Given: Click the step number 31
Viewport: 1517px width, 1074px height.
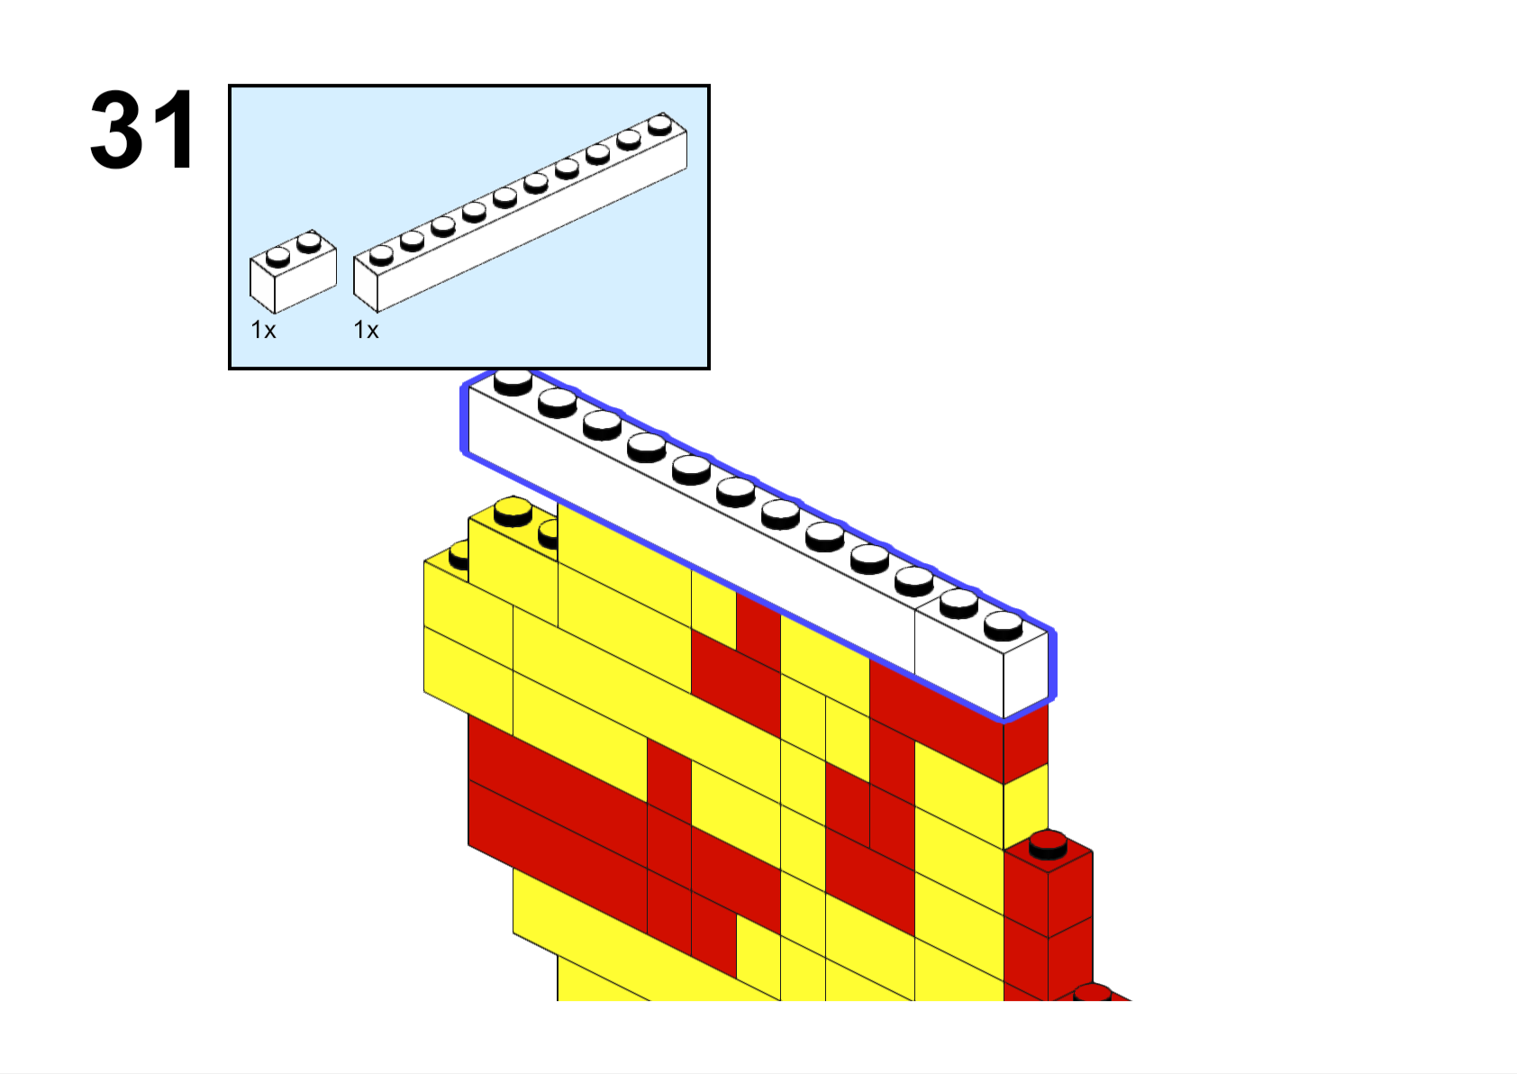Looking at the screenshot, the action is pos(142,130).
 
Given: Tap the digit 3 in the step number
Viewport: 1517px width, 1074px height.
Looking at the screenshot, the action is pos(116,130).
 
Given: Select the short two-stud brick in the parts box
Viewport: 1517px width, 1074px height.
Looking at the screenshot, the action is pos(293,271).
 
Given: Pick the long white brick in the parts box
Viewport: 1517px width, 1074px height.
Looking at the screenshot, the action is pos(520,212).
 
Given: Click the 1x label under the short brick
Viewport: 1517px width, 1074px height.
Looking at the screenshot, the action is pos(263,330).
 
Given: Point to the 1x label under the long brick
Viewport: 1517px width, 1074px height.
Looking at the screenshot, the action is pos(366,330).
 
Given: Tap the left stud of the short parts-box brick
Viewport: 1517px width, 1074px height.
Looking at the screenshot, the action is pos(277,257).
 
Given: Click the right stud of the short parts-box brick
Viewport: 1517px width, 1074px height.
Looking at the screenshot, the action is pos(309,241).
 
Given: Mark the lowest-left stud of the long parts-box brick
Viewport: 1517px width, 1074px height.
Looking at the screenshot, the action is pos(381,255).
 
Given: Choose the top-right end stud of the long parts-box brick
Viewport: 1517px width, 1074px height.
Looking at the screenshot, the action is pos(660,124).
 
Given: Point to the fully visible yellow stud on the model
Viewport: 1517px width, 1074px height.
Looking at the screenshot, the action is pos(513,511).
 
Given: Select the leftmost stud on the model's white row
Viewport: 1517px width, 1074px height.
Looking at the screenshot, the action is pos(513,382).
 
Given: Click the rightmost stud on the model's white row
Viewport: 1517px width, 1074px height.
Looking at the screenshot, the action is pos(1003,625).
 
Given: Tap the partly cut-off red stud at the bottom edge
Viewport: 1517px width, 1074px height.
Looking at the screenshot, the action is pos(1092,993).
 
